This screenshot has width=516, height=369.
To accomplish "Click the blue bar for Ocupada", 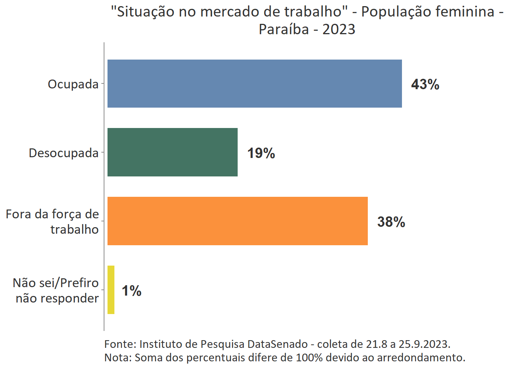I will [x=255, y=83].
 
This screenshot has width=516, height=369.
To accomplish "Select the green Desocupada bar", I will [x=172, y=152].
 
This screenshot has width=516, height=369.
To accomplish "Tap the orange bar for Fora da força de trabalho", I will [x=237, y=221].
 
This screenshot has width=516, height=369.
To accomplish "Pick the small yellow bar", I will [x=111, y=290].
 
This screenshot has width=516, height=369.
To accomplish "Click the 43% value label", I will [x=425, y=84].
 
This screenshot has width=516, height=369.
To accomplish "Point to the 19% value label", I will [x=261, y=153].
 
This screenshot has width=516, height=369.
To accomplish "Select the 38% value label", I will [x=391, y=222].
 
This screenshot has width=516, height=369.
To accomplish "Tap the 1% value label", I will [x=131, y=291].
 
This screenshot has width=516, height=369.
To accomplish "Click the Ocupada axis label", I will [x=73, y=84].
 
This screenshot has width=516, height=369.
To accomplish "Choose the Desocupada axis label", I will [x=64, y=153].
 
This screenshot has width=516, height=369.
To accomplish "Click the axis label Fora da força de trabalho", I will [x=53, y=221].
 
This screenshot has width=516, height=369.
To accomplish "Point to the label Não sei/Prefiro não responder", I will [x=56, y=290].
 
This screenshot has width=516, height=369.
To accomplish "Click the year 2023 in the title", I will [x=339, y=29].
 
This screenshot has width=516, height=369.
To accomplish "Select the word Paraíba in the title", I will [x=284, y=29].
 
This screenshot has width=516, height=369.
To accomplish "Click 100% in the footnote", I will [x=309, y=357].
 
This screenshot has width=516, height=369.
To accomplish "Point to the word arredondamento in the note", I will [x=421, y=357].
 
